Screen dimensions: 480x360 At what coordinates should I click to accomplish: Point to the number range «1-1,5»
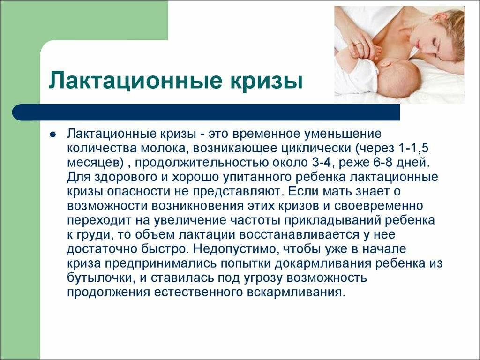(x=413, y=149)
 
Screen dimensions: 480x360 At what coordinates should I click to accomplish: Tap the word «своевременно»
(x=378, y=206)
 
